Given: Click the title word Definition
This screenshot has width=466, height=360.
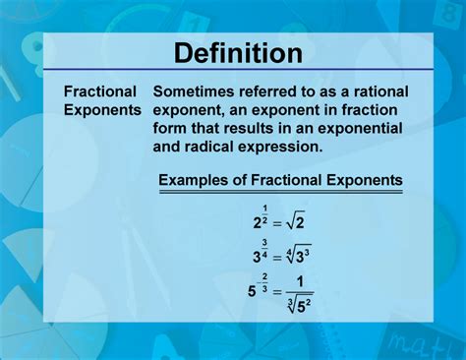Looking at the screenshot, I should tap(232, 52).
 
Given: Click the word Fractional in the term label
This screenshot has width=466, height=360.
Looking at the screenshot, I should tap(99, 90).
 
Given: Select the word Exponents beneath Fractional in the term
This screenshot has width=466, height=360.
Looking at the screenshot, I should tap(103, 109).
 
